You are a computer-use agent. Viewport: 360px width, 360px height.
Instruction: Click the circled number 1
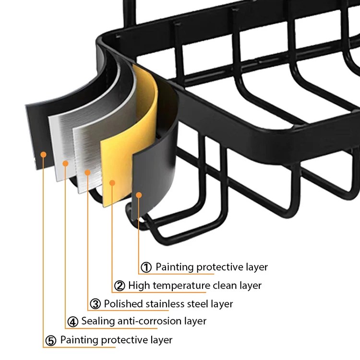pos(146,267)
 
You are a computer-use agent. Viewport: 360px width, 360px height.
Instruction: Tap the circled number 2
pos(120,286)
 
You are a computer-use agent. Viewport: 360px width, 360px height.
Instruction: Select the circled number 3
pos(96,304)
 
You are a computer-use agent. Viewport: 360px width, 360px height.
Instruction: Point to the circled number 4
pos(72,321)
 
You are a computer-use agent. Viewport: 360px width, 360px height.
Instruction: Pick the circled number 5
pos(51,340)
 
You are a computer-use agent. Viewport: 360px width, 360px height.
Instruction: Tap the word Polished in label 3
pos(123,304)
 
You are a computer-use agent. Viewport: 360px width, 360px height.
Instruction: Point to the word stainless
pos(166,304)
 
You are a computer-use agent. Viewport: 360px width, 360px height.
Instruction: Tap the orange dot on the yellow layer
pos(112,182)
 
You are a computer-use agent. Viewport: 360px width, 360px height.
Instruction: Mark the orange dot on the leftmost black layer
pos(44,154)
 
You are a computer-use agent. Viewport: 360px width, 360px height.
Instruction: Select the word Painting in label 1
pos(175,267)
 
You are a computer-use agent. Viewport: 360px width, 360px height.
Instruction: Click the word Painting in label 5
pos(80,340)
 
